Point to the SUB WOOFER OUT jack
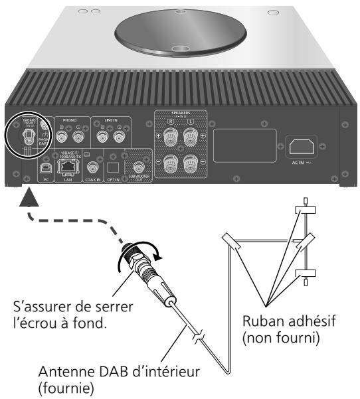click(139, 168)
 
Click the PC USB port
click(44, 168)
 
